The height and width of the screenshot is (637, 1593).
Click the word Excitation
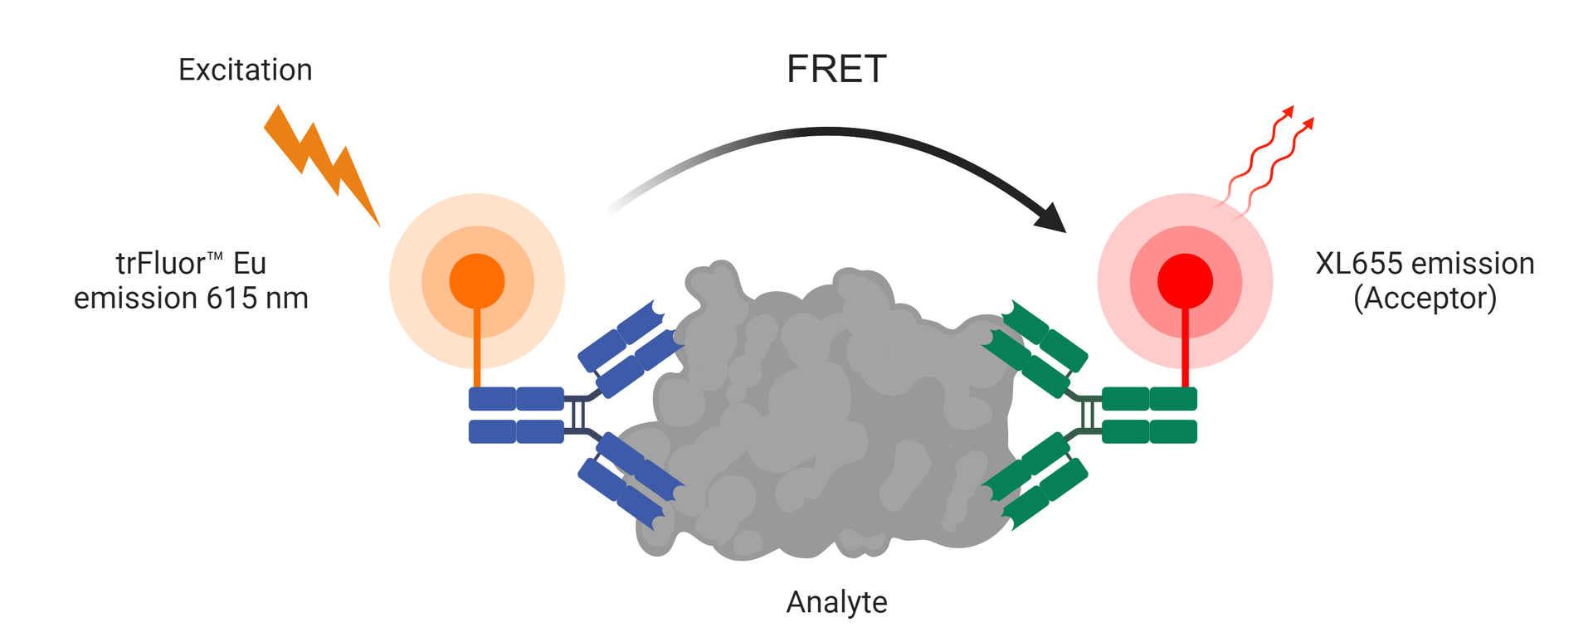(245, 71)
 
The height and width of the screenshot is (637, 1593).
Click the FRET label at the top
(836, 69)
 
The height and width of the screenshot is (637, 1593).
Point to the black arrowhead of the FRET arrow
(1052, 218)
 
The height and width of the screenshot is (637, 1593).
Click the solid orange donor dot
(477, 281)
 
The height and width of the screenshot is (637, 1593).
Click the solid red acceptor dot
(1185, 281)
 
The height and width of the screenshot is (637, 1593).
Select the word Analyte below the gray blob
(836, 602)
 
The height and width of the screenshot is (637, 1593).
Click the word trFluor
(160, 264)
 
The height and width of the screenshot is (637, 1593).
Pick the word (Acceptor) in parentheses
(1425, 298)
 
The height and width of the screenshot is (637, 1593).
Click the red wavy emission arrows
(1265, 162)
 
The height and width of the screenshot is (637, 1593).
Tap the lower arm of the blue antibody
(631, 481)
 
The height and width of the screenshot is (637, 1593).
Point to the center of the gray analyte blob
(834, 415)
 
